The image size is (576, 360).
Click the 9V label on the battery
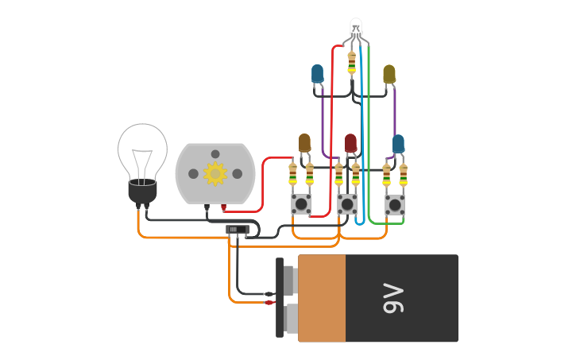pyautogui.click(x=393, y=298)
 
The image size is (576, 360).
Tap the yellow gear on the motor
pyautogui.click(x=215, y=173)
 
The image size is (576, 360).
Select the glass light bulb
pyautogui.click(x=143, y=151)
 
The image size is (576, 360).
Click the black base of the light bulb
pyautogui.click(x=142, y=192)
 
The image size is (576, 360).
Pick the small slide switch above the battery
pyautogui.click(x=237, y=230)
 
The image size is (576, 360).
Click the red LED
pyautogui.click(x=350, y=143)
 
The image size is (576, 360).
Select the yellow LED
pyautogui.click(x=389, y=74)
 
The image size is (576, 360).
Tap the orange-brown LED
pyautogui.click(x=304, y=143)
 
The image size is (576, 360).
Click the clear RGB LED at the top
pyautogui.click(x=356, y=27)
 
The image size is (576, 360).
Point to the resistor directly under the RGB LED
pyautogui.click(x=351, y=63)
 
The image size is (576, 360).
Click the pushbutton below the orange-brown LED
pyautogui.click(x=301, y=204)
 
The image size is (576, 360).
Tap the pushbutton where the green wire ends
pyautogui.click(x=395, y=204)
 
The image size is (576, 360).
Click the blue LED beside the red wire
pyautogui.click(x=318, y=74)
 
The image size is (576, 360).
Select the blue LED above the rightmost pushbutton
pyautogui.click(x=398, y=144)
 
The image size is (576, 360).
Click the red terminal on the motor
pyautogui.click(x=223, y=208)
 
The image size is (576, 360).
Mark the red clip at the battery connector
pyautogui.click(x=269, y=302)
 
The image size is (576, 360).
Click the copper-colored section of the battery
pyautogui.click(x=322, y=298)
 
